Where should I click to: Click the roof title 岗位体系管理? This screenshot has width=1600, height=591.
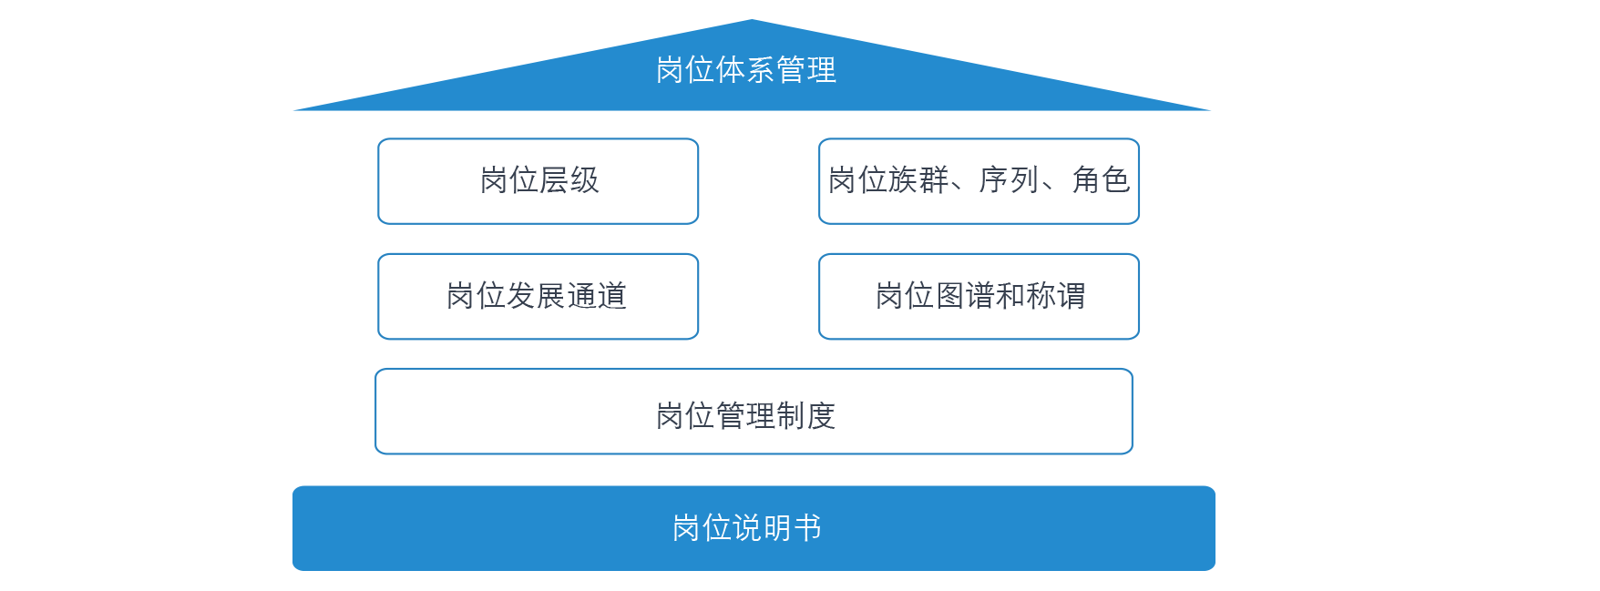click(745, 70)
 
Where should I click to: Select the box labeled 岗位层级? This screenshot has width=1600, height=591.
click(538, 180)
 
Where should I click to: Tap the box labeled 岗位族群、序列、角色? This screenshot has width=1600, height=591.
click(979, 180)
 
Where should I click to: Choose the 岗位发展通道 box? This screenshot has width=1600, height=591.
click(538, 296)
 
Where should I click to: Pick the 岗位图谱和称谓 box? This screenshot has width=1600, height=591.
click(979, 296)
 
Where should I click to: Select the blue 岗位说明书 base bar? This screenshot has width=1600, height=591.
click(754, 528)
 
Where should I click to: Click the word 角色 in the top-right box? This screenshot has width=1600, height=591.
click(1100, 180)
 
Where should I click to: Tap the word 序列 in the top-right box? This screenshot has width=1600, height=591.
click(1008, 180)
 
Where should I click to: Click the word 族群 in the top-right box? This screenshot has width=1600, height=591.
click(918, 180)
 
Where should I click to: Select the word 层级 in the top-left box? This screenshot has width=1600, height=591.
click(569, 180)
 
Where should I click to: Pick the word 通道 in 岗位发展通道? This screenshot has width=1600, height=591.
click(597, 296)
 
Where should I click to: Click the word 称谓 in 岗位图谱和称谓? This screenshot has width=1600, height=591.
click(1055, 296)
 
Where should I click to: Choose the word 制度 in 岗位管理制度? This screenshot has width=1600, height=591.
click(805, 416)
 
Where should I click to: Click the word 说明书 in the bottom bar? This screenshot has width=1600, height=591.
click(776, 528)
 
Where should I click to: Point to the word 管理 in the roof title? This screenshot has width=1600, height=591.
click(805, 70)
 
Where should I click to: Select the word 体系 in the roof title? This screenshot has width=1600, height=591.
click(745, 70)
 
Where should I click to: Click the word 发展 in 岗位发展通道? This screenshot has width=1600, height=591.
click(537, 296)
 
